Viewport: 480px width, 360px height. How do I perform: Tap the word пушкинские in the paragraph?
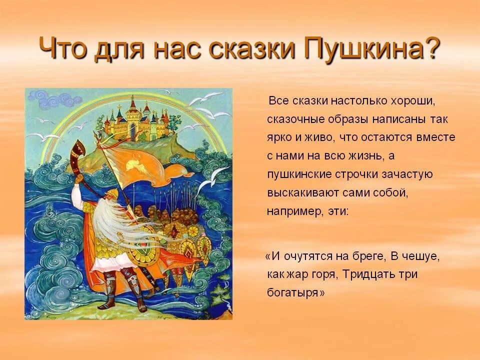point(299,174)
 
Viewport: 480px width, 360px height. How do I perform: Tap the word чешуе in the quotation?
point(422,256)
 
